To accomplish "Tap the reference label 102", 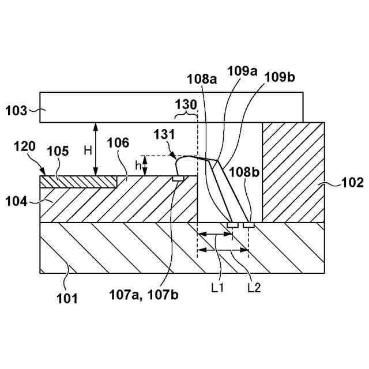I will pyautogui.click(x=352, y=183).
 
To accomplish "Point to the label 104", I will pyautogui.click(x=17, y=201).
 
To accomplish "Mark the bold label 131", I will pyautogui.click(x=165, y=134).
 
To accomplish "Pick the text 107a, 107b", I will pyautogui.click(x=144, y=295).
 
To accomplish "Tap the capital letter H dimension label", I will pyautogui.click(x=88, y=150).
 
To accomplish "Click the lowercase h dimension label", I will pyautogui.click(x=137, y=165).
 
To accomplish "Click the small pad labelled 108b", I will pyautogui.click(x=248, y=224).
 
